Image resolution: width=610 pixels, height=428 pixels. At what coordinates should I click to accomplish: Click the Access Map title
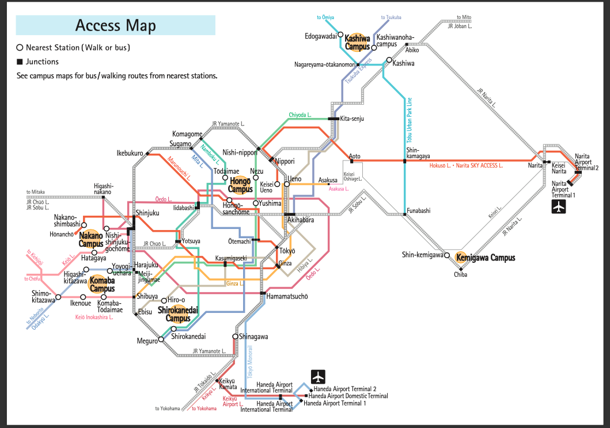(115, 25)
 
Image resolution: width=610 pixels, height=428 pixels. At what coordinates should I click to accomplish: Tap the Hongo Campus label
(240, 185)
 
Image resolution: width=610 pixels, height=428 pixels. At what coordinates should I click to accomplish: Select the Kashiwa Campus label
(357, 42)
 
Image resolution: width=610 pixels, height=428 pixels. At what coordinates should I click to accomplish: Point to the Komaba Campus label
(102, 284)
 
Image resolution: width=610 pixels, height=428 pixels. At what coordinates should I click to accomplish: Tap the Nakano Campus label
(91, 239)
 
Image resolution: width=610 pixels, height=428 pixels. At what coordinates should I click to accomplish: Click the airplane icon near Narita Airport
(559, 207)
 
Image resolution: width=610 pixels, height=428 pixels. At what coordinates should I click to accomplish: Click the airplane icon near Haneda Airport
(319, 377)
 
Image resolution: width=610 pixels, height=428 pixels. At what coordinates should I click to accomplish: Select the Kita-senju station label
(353, 119)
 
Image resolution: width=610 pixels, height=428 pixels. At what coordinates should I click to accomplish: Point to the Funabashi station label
(419, 211)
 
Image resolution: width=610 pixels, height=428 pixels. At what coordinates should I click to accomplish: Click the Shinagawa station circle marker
(235, 336)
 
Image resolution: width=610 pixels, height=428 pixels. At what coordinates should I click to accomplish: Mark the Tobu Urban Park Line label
(410, 120)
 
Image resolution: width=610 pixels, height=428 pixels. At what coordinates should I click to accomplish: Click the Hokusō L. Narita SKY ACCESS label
(466, 166)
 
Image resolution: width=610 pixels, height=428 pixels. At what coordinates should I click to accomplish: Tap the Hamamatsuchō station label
(287, 297)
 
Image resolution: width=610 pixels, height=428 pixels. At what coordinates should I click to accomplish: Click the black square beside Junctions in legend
(20, 62)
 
